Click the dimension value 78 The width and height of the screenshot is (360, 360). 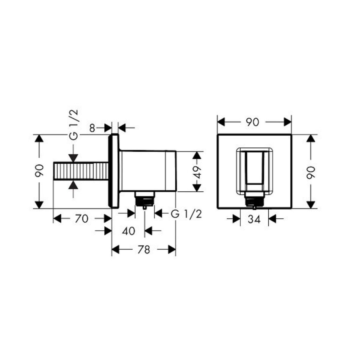point(144,249)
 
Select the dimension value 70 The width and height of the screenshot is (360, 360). point(81,219)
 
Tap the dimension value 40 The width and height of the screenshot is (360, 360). point(128,231)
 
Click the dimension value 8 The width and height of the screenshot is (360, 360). point(92,128)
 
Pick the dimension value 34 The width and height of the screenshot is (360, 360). point(254,219)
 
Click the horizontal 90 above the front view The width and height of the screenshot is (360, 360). point(252,122)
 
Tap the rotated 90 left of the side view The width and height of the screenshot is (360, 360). point(39,171)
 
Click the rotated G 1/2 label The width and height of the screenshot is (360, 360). point(74,125)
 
